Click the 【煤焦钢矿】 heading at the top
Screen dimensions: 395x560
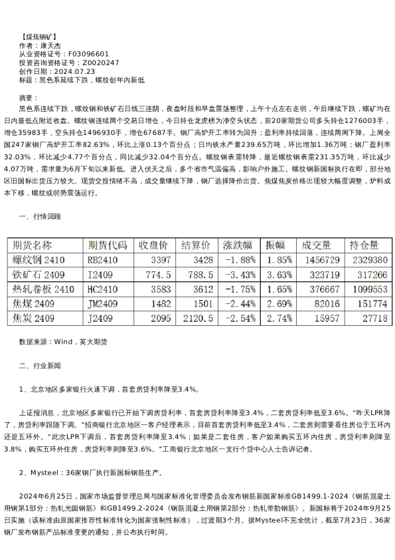39,36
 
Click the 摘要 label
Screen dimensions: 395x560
31,97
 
